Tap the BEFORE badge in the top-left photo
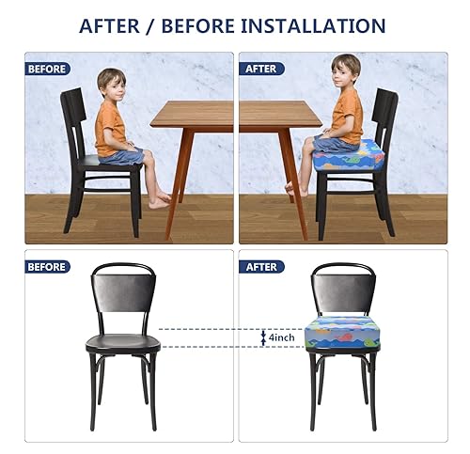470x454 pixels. click(x=48, y=69)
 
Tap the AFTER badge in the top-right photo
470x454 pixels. click(x=262, y=69)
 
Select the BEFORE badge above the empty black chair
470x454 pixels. click(x=48, y=266)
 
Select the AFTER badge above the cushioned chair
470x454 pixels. click(x=262, y=266)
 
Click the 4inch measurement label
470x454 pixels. click(x=283, y=337)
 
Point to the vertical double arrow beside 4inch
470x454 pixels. click(x=263, y=337)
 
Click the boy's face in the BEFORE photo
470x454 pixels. click(x=111, y=84)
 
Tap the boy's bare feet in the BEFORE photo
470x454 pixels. click(x=162, y=198)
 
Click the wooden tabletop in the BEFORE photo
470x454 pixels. click(x=192, y=114)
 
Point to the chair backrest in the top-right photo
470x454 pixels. click(x=385, y=117)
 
